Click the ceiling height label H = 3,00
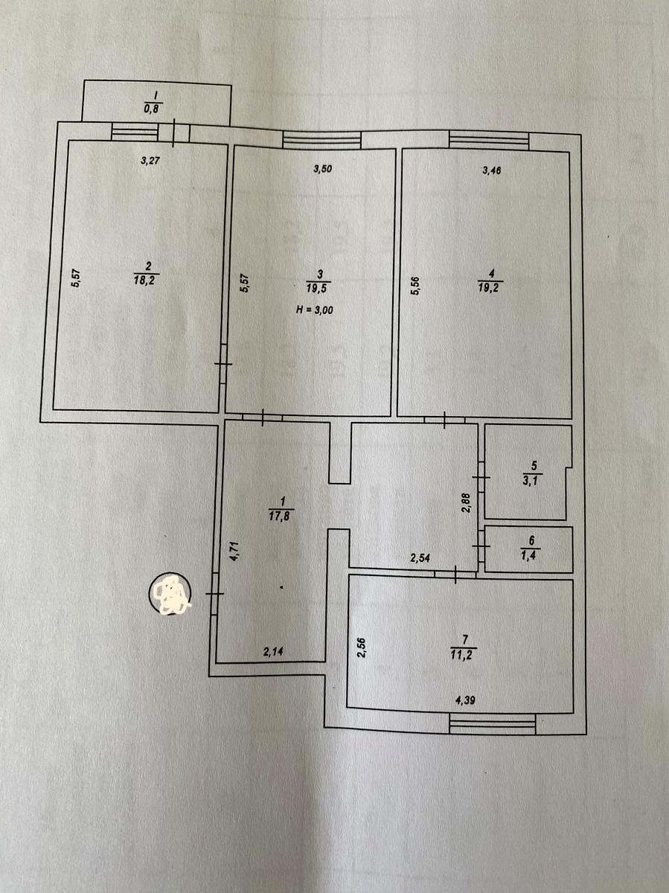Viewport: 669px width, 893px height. pos(314,310)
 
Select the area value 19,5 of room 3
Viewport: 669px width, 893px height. pos(318,289)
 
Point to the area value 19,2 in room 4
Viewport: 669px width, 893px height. pos(488,289)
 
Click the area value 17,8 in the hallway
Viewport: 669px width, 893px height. pos(279,517)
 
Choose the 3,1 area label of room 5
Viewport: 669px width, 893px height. pos(532,481)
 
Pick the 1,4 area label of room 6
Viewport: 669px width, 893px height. pos(531,555)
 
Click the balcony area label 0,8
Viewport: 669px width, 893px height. pos(151,109)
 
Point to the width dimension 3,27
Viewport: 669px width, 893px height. pos(150,160)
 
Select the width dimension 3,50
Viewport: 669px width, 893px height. pos(322,169)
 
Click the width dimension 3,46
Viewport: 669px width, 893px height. pos(492,170)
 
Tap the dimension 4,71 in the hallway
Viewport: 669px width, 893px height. pos(234,551)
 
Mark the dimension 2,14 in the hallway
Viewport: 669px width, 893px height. pos(273,652)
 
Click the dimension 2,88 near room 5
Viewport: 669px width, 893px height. pos(466,503)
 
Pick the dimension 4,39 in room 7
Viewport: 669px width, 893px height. pos(465,700)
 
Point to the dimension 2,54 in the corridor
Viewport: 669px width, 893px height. pos(420,558)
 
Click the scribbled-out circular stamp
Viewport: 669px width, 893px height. pos(170,593)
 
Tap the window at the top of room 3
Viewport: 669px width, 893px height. pos(321,141)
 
